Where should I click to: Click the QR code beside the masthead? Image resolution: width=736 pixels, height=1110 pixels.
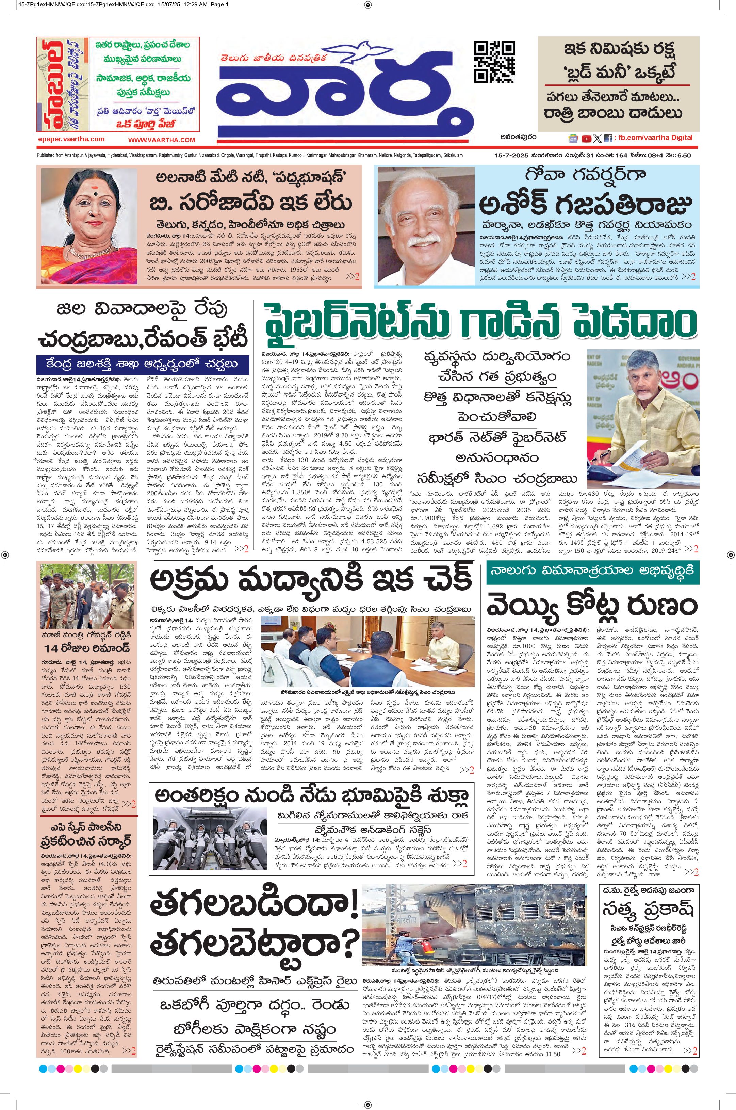point(494,61)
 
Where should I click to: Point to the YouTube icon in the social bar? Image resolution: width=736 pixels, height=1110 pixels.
point(586,139)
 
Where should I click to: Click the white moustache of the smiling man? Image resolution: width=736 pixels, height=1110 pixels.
point(424,242)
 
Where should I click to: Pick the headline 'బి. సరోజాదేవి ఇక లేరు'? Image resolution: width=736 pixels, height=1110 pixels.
point(251,203)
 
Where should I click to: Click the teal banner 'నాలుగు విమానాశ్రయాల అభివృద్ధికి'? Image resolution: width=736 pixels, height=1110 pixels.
point(592,571)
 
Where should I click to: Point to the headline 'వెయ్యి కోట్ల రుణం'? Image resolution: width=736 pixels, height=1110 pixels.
point(592,605)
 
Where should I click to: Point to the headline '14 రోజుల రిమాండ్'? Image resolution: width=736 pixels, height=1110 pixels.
point(87,648)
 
